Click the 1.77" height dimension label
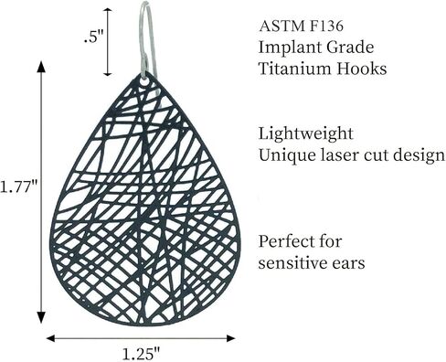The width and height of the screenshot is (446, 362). [18, 186]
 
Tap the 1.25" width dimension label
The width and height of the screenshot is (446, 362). [141, 354]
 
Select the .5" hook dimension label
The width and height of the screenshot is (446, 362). [93, 37]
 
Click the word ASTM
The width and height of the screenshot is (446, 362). [281, 26]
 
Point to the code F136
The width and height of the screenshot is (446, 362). [326, 26]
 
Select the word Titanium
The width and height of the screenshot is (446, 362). [294, 69]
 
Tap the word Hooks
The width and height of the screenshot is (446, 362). [362, 69]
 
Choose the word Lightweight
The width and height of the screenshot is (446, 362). [306, 134]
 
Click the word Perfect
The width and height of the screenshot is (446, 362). [285, 241]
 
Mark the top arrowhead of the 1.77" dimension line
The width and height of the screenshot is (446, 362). [41, 67]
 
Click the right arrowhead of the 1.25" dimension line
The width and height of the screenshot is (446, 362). [230, 338]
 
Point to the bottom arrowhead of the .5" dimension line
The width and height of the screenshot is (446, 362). [108, 72]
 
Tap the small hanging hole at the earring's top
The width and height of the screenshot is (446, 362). [145, 80]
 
